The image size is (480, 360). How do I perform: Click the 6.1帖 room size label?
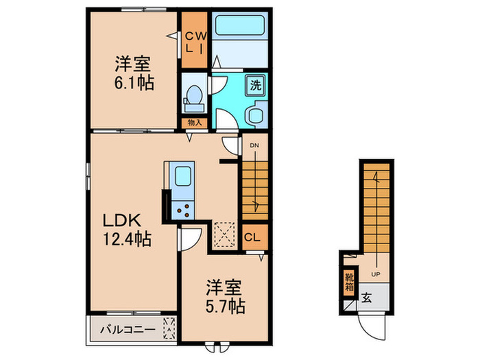pyautogui.click(x=134, y=84)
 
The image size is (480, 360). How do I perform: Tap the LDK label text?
pyautogui.click(x=121, y=221)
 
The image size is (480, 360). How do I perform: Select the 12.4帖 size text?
pyautogui.click(x=128, y=240)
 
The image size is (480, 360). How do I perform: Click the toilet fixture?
pyautogui.click(x=194, y=97)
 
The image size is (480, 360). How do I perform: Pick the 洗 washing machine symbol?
pyautogui.click(x=255, y=86)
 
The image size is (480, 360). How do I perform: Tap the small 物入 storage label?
pyautogui.click(x=195, y=123)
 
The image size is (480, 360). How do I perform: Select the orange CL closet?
pyautogui.click(x=253, y=238)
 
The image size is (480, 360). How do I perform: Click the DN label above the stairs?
pyautogui.click(x=254, y=145)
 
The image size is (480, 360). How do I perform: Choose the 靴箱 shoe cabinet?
pyautogui.click(x=350, y=283)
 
